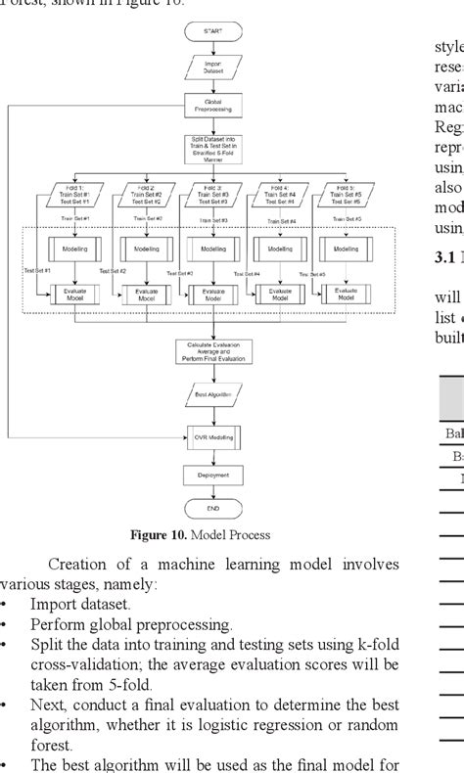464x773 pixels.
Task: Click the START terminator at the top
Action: coord(212,32)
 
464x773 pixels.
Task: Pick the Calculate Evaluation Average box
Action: coord(212,349)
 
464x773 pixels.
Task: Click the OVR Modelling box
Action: coord(212,435)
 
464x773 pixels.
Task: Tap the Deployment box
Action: coord(212,476)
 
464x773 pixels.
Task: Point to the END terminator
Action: coord(212,510)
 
